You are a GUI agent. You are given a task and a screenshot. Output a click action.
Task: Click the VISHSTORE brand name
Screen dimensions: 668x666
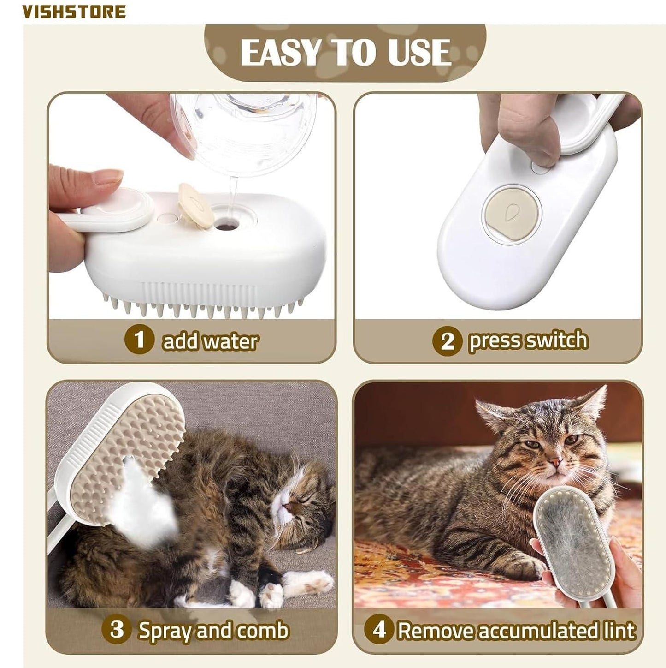click(74, 12)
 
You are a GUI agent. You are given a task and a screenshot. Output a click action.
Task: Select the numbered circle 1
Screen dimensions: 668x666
click(139, 340)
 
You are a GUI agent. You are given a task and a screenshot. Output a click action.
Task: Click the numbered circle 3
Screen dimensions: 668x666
click(117, 629)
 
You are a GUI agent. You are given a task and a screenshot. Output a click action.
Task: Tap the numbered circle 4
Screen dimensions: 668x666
click(379, 629)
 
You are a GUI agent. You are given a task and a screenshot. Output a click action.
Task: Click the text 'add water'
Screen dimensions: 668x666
click(210, 341)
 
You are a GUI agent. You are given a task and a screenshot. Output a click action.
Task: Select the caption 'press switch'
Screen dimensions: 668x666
click(528, 340)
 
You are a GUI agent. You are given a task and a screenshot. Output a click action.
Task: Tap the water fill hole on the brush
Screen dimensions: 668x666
click(226, 226)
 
